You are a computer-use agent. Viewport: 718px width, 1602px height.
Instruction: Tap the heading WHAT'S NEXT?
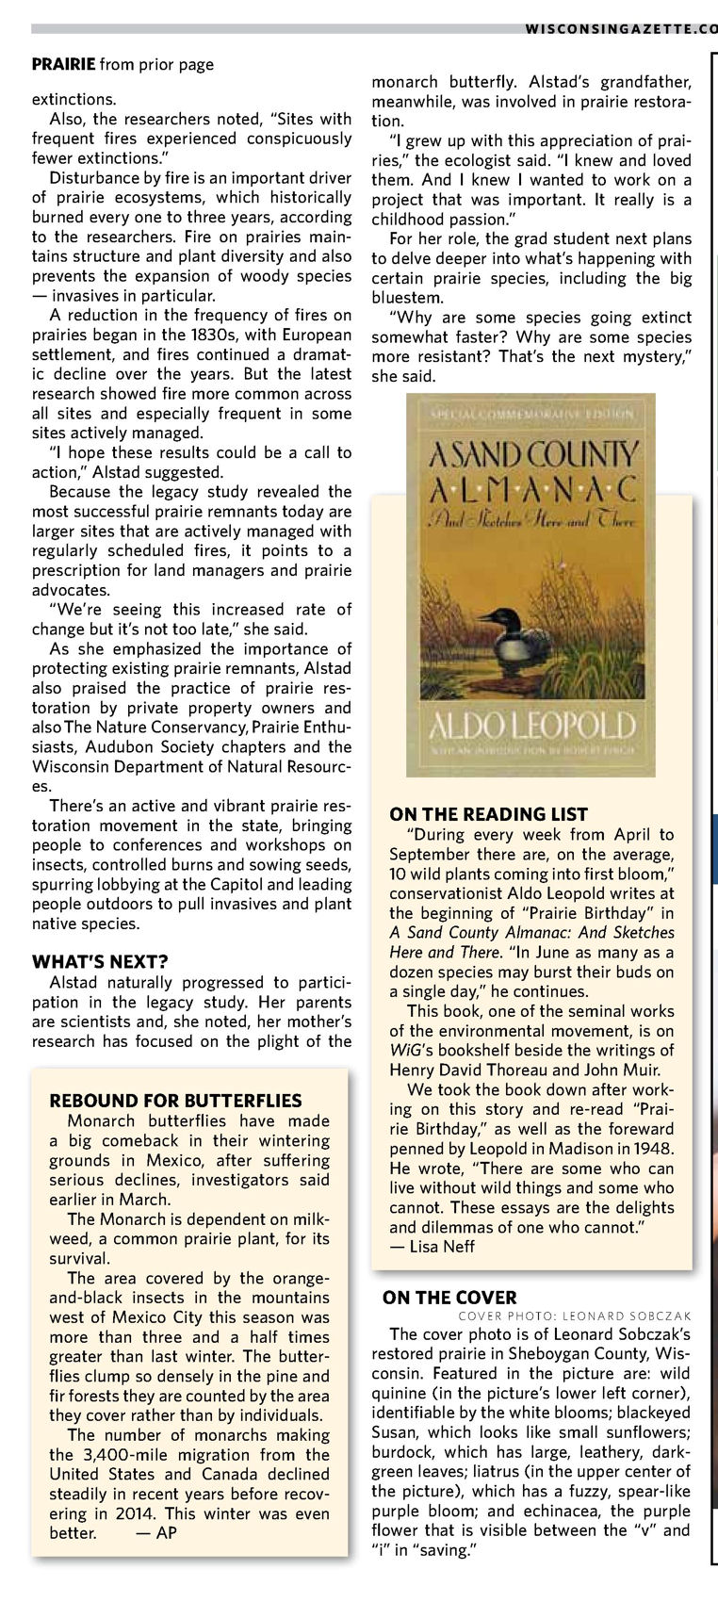[x=100, y=962]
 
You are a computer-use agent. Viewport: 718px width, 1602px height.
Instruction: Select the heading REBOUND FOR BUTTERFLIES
[x=175, y=1101]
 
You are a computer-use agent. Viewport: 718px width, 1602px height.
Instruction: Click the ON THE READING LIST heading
[x=488, y=815]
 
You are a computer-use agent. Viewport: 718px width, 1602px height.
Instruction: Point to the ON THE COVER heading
[x=449, y=1298]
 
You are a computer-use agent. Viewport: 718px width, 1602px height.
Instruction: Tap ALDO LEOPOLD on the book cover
[x=531, y=727]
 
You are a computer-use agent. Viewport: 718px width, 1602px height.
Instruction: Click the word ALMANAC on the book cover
[x=532, y=489]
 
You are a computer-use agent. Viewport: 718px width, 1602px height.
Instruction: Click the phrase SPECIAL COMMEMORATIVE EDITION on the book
[x=531, y=413]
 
